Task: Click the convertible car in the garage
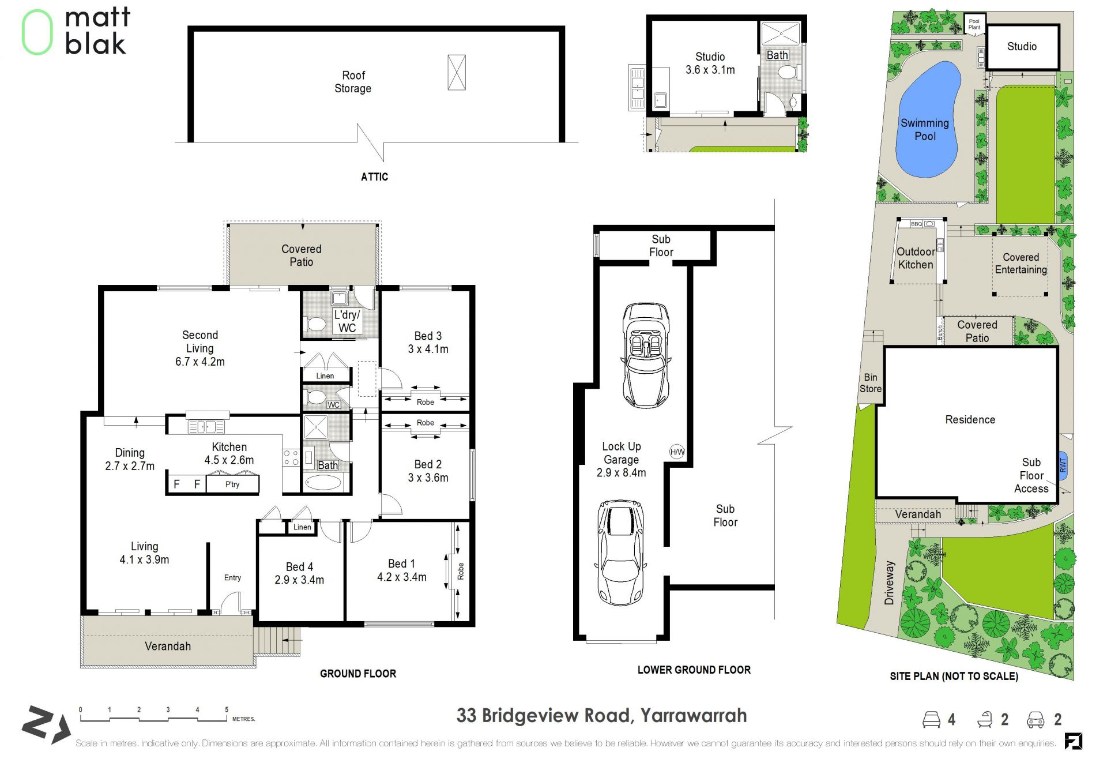point(646,355)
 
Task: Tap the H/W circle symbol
point(677,452)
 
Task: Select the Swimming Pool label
point(925,130)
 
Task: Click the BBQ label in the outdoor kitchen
point(916,224)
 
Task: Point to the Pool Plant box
point(974,24)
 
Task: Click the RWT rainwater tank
point(1063,465)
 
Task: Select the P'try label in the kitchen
point(232,484)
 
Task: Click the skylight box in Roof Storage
point(457,72)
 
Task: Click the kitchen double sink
point(206,427)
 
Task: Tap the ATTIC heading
point(374,177)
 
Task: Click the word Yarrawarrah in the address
point(694,716)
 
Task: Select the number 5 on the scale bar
point(227,709)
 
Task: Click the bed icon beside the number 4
point(931,719)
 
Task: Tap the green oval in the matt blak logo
point(37,32)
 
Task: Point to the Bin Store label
point(870,383)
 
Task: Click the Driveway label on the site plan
point(889,583)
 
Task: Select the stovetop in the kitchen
point(291,458)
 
